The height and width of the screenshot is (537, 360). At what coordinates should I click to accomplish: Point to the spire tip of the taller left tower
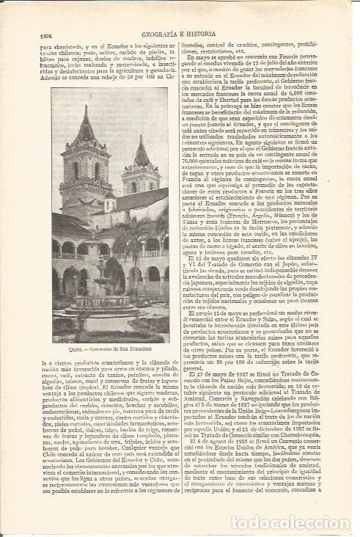[x=86, y=109]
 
